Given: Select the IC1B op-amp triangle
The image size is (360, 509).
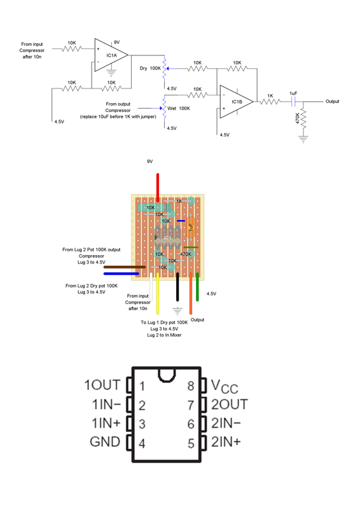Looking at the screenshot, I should pyautogui.click(x=235, y=101).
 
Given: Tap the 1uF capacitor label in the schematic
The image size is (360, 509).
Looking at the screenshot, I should pyautogui.click(x=293, y=94).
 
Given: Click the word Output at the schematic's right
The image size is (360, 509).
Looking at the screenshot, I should pyautogui.click(x=332, y=101).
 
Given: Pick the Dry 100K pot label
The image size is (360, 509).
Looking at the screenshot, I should pyautogui.click(x=150, y=67).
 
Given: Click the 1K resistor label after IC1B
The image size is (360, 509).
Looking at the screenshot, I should pyautogui.click(x=270, y=96).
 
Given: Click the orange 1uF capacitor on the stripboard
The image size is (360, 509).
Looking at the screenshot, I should pyautogui.click(x=191, y=226).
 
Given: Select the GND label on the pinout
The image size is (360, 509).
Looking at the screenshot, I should pyautogui.click(x=104, y=442).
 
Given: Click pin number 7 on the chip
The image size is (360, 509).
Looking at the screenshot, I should pyautogui.click(x=190, y=405).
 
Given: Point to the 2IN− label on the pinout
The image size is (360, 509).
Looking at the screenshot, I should pyautogui.click(x=230, y=423).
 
